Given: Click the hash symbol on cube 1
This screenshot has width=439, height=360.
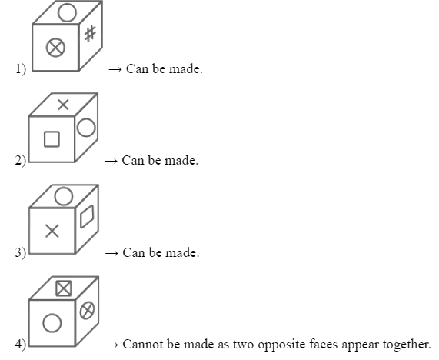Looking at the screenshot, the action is point(90,34).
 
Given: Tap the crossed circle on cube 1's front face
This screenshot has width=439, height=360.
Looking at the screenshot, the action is point(55,48).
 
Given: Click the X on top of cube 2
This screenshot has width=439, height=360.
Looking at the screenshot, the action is point(63,105).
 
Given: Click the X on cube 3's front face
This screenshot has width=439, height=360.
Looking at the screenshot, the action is point(52,231).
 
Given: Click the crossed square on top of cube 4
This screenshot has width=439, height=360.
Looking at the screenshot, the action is point(64,288).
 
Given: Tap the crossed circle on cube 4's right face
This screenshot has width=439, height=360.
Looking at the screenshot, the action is point(87,310).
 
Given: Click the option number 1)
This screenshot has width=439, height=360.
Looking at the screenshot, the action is point(21,69).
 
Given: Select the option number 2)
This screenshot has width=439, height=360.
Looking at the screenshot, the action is point(21,161).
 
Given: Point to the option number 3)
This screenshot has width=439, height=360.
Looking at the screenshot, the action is point(21,252).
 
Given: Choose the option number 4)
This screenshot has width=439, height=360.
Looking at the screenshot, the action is point(21,345).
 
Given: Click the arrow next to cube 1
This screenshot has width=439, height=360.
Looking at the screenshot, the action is point(115,69).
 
